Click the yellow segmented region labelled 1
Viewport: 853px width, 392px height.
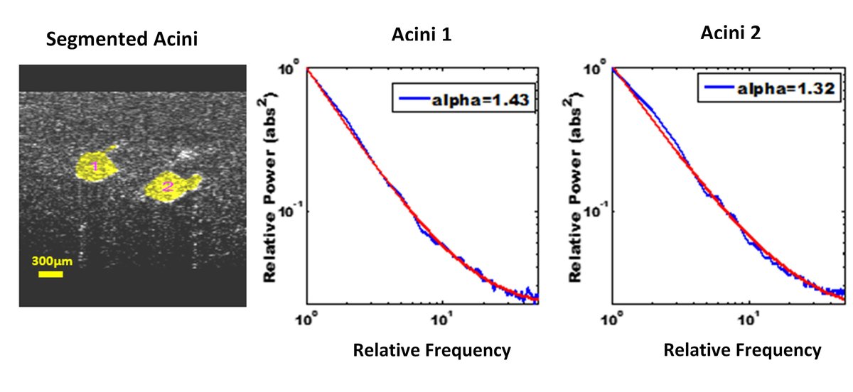coord(96,165)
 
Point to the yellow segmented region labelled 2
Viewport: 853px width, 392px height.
coord(171,187)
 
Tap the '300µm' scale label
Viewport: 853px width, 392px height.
coord(52,261)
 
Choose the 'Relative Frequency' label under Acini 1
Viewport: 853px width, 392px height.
coord(431,349)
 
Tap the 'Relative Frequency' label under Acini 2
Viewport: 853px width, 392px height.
coord(741,349)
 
